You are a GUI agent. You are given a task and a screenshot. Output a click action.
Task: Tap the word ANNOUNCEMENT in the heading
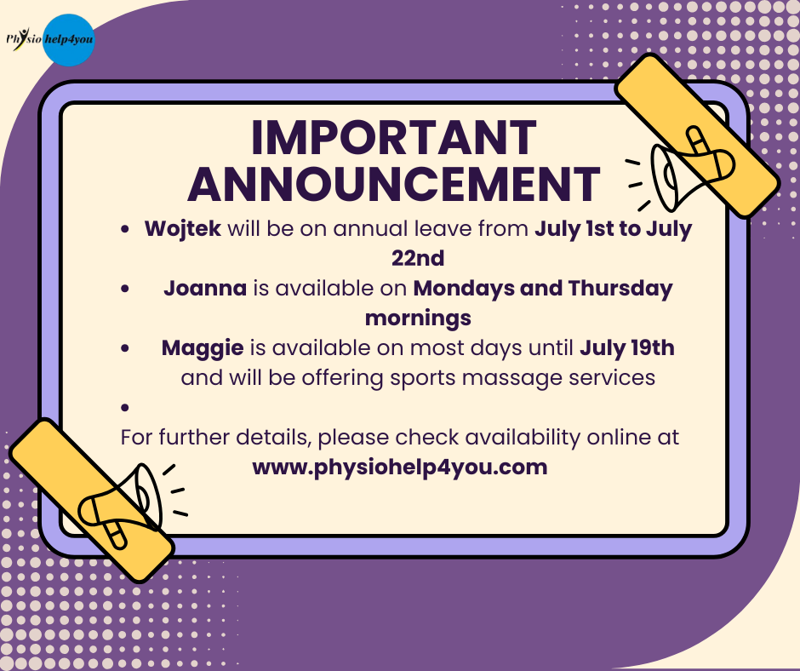tap(393, 183)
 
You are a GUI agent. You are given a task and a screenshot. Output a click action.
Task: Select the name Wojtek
tap(183, 229)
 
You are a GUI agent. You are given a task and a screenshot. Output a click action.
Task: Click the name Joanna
tap(205, 288)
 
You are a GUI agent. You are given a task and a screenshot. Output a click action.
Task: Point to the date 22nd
tap(418, 258)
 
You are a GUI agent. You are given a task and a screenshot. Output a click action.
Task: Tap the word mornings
tap(418, 319)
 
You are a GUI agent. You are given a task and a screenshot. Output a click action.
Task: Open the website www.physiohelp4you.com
tap(400, 468)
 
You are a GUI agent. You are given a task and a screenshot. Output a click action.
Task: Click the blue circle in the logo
tap(68, 40)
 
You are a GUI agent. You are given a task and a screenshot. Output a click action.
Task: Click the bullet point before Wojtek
tap(125, 229)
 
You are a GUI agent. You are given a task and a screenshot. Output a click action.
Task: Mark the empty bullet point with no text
tap(125, 408)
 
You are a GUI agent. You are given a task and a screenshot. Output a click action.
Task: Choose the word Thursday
tap(620, 289)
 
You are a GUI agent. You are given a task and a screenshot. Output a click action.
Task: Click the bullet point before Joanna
tap(125, 289)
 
